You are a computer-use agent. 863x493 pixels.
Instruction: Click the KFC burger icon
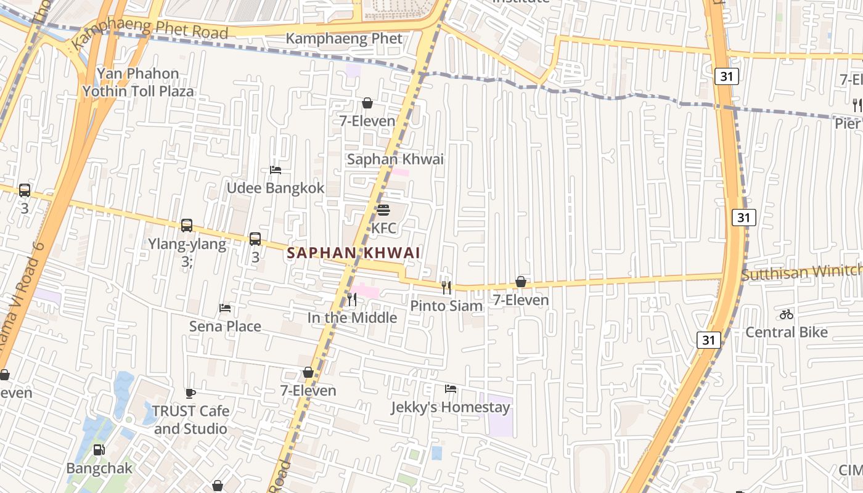pyautogui.click(x=383, y=210)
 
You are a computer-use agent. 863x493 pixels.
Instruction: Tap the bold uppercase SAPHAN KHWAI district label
pyautogui.click(x=354, y=253)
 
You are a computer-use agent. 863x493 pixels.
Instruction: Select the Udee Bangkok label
pyautogui.click(x=276, y=188)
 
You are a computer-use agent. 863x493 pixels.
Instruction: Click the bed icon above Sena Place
pyautogui.click(x=225, y=308)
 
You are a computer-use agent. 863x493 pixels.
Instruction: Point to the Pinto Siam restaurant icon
pyautogui.click(x=446, y=287)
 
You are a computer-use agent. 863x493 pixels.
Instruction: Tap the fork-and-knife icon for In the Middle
pyautogui.click(x=352, y=299)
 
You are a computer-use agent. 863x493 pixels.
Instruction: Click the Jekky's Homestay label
pyautogui.click(x=451, y=407)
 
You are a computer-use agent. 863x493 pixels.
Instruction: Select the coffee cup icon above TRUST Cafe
pyautogui.click(x=190, y=393)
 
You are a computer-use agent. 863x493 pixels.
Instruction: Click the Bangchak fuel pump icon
pyautogui.click(x=99, y=450)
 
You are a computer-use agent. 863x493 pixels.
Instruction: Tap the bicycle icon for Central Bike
pyautogui.click(x=786, y=314)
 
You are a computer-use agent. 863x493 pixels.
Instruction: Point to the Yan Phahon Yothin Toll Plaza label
pyautogui.click(x=138, y=83)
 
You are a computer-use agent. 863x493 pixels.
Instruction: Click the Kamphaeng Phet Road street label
pyautogui.click(x=150, y=31)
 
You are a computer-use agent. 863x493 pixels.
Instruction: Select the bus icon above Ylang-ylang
pyautogui.click(x=187, y=226)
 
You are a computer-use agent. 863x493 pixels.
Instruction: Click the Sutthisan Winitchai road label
pyautogui.click(x=801, y=272)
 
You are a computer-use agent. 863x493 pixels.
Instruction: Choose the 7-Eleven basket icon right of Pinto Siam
pyautogui.click(x=521, y=282)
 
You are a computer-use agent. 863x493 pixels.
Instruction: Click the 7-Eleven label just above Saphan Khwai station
pyautogui.click(x=367, y=121)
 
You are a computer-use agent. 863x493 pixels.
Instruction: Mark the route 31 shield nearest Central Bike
pyautogui.click(x=709, y=340)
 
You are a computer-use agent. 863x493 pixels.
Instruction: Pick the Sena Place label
pyautogui.click(x=225, y=326)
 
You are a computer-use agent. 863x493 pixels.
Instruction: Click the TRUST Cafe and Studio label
pyautogui.click(x=190, y=420)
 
